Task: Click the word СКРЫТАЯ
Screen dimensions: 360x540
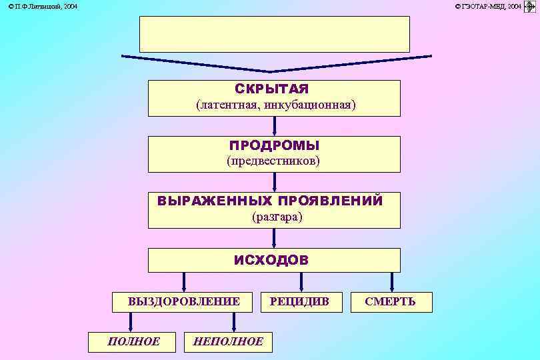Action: click(272, 89)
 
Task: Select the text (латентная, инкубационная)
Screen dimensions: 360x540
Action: click(275, 105)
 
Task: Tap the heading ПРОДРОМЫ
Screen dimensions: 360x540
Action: click(274, 145)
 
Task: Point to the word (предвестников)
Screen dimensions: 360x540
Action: click(273, 161)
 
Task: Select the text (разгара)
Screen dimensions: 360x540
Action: click(277, 217)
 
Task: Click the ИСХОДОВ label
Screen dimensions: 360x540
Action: click(271, 260)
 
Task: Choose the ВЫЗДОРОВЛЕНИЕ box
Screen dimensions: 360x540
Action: click(184, 302)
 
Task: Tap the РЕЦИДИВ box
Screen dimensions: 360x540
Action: click(299, 302)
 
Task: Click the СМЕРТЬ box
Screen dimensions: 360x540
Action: click(391, 302)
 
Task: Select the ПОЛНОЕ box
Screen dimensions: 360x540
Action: click(133, 342)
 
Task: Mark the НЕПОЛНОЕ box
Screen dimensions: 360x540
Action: click(227, 342)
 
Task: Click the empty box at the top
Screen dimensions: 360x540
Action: click(274, 34)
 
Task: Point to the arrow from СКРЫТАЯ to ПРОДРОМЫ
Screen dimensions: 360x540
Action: click(274, 126)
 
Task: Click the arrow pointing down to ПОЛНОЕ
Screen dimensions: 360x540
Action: click(131, 322)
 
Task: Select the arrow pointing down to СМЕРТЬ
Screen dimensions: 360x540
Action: click(391, 281)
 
